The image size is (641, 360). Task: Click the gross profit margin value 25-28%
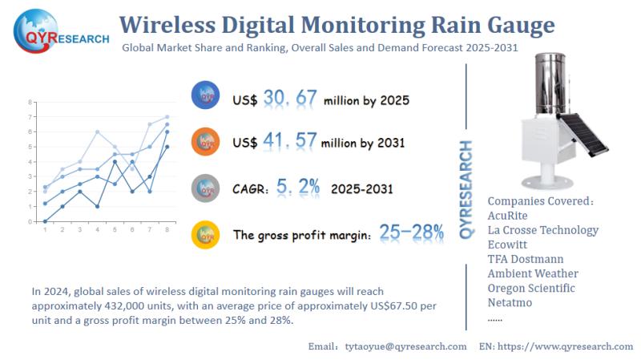(x=412, y=233)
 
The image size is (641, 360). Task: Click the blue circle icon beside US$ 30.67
(x=207, y=97)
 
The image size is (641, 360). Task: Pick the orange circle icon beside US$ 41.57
(x=207, y=142)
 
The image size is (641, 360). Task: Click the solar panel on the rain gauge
(x=583, y=135)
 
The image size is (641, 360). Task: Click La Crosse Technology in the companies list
(x=542, y=230)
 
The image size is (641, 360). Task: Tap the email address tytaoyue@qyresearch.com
(x=405, y=346)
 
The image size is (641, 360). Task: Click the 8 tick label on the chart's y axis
(x=30, y=103)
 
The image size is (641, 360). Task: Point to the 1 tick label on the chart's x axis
(x=45, y=230)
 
